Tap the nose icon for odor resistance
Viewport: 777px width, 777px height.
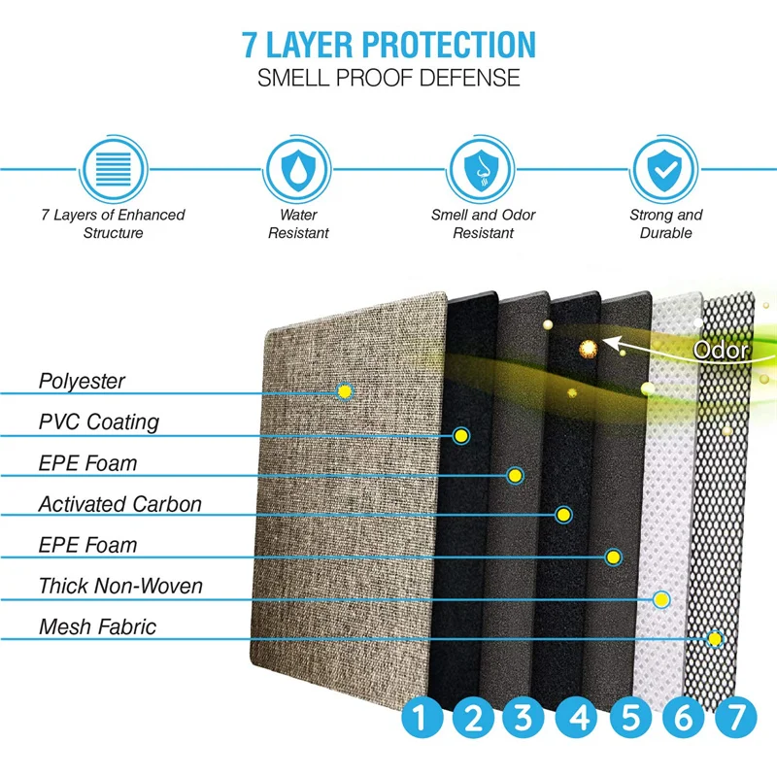click(483, 168)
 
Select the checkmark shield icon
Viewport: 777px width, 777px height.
click(665, 168)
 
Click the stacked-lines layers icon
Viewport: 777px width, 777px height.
click(113, 168)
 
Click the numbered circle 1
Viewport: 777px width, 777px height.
click(421, 720)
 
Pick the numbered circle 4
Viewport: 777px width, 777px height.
click(579, 720)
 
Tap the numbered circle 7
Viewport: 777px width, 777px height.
click(734, 720)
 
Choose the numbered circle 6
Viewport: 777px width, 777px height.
click(683, 720)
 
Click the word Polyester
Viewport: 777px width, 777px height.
click(82, 381)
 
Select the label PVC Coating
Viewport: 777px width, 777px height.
click(98, 422)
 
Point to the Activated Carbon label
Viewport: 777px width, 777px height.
click(119, 504)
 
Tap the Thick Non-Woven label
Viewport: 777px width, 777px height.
click(120, 586)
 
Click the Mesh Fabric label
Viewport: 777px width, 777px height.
click(97, 626)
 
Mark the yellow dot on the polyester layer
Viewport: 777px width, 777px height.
click(343, 390)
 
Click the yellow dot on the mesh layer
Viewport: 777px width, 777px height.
click(715, 639)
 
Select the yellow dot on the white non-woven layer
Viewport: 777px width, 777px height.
click(661, 599)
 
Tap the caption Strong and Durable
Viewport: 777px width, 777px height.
click(665, 224)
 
